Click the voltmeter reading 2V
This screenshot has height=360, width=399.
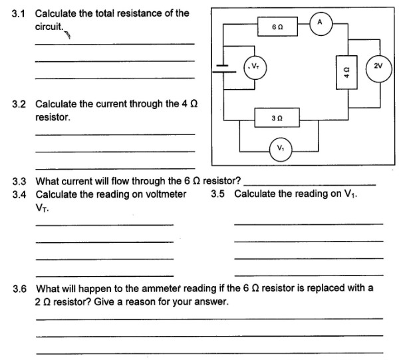pos(378,67)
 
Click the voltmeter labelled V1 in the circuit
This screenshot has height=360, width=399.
pos(278,146)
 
